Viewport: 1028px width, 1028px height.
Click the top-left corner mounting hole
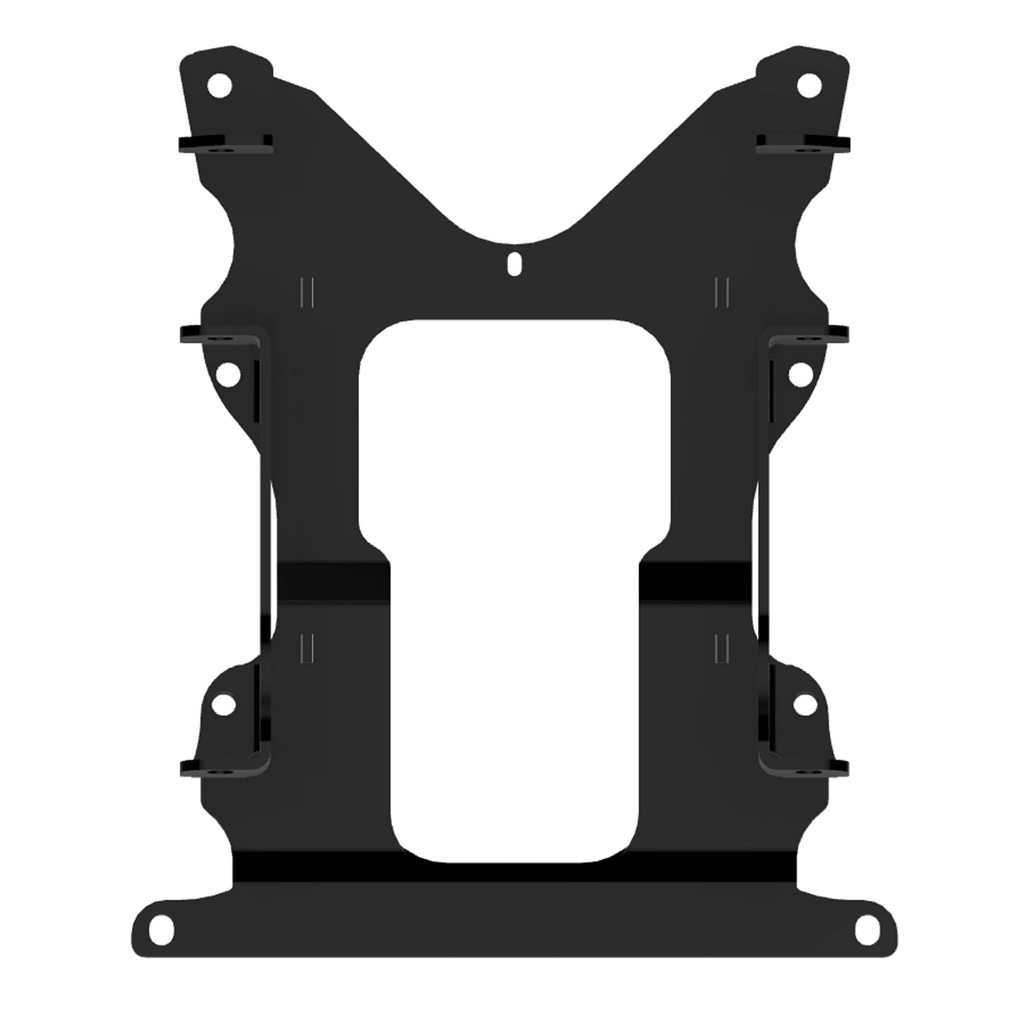[x=220, y=86]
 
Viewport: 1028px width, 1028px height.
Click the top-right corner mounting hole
[x=808, y=85]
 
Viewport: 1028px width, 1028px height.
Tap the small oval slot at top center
[x=513, y=264]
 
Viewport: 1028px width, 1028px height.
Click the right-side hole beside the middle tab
[x=801, y=374]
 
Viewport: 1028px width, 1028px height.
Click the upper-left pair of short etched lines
[x=307, y=293]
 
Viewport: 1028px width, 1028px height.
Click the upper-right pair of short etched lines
[x=721, y=293]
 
